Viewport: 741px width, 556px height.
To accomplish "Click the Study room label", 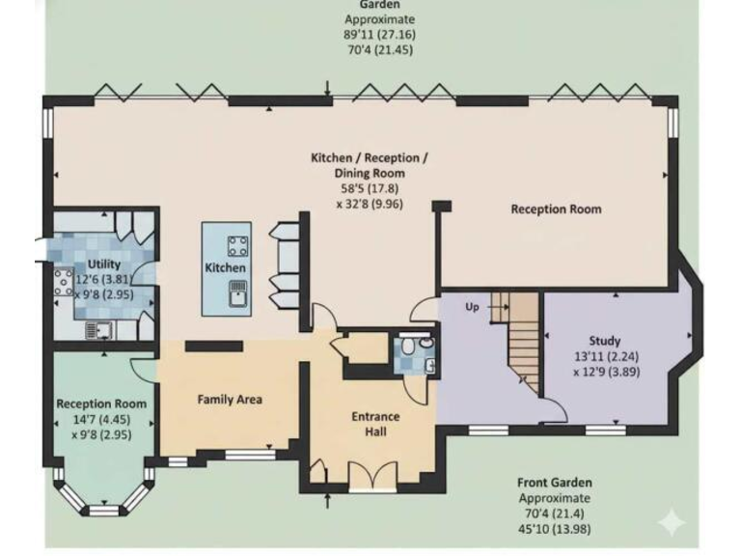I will (605, 341).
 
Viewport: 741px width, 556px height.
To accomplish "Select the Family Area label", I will (230, 399).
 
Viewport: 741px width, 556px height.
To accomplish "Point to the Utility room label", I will (103, 264).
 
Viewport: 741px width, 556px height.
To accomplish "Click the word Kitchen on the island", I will (226, 267).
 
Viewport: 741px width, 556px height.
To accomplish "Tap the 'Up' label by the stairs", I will (472, 307).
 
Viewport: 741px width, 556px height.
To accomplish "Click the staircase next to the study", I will (521, 338).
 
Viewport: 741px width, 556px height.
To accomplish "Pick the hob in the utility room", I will (63, 281).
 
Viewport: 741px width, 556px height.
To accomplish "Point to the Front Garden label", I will (555, 483).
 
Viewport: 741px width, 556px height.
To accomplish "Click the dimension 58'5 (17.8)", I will (352, 189).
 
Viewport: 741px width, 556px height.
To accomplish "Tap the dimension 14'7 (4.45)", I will (101, 419).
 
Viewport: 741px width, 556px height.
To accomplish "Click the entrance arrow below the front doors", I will (330, 500).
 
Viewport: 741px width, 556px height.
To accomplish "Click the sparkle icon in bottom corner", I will (671, 521).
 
